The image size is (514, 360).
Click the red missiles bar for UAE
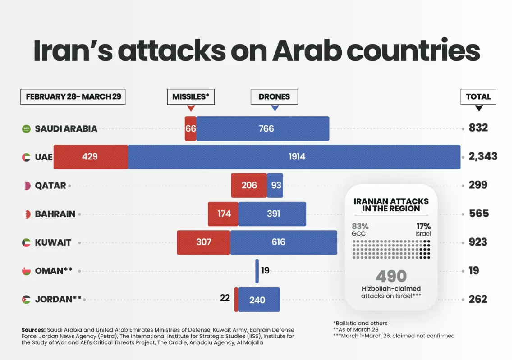pyautogui.click(x=91, y=157)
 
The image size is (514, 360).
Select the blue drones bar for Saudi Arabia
pyautogui.click(x=262, y=128)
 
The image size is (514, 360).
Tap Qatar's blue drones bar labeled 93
pyautogui.click(x=275, y=185)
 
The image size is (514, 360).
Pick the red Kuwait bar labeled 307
pyautogui.click(x=203, y=242)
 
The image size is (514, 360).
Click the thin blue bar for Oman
pyautogui.click(x=257, y=271)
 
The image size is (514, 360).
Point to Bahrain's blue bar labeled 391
pyautogui.click(x=272, y=214)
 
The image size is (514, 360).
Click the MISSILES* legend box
pyautogui.click(x=191, y=96)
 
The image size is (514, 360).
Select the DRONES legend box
pyautogui.click(x=274, y=96)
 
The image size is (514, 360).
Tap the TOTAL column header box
pyautogui.click(x=478, y=96)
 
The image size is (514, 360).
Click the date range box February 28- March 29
pyautogui.click(x=73, y=96)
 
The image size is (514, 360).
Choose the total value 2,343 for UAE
pyautogui.click(x=482, y=156)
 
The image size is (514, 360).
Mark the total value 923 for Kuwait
pyautogui.click(x=478, y=242)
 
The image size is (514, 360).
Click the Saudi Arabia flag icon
pyautogui.click(x=27, y=129)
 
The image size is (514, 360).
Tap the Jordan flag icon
pyautogui.click(x=27, y=299)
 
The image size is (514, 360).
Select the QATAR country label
pyautogui.click(x=50, y=186)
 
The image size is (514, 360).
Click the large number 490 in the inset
pyautogui.click(x=391, y=276)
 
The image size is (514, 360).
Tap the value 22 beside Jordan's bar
pyautogui.click(x=225, y=298)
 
